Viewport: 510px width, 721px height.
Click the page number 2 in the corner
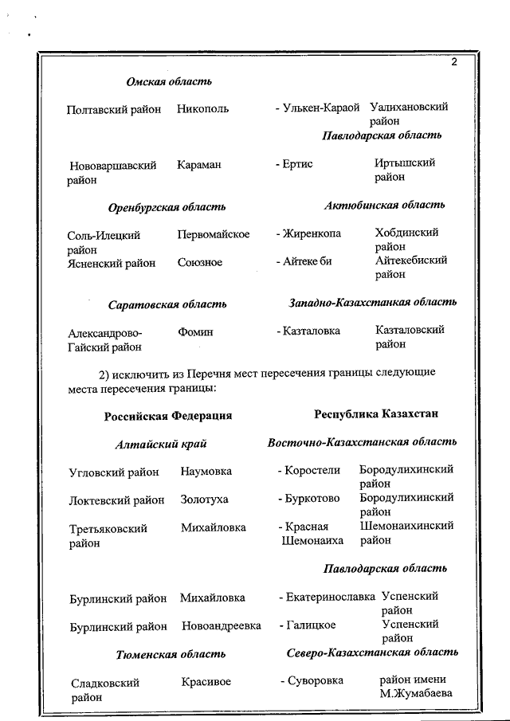tap(453, 63)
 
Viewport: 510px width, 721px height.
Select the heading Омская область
tap(169, 81)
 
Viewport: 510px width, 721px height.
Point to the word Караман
tap(199, 164)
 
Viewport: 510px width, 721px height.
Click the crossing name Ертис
tap(298, 163)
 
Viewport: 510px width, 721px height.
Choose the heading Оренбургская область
tap(167, 207)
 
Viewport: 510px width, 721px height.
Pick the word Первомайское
tap(214, 234)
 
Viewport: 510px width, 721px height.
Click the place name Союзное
tap(200, 262)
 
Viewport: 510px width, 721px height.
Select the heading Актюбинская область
tap(384, 206)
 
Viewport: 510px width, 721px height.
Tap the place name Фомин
tap(195, 331)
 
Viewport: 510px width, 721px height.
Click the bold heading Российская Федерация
tap(167, 415)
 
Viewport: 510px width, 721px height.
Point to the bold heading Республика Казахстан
tap(376, 413)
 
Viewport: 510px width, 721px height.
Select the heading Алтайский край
tap(166, 444)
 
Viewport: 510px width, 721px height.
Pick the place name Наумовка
tap(206, 471)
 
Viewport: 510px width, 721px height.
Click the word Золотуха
tap(204, 499)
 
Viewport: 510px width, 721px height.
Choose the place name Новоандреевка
tap(222, 626)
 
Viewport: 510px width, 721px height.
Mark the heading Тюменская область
tap(171, 654)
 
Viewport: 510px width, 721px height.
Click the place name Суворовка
tap(315, 680)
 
